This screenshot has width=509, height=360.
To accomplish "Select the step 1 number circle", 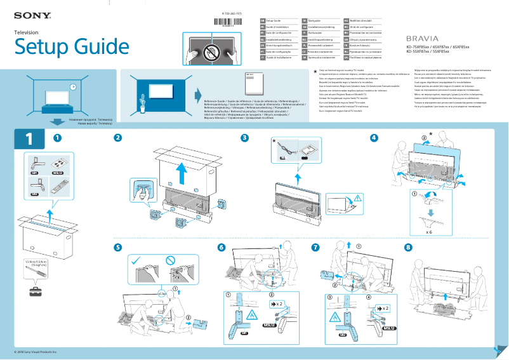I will (x=58, y=138).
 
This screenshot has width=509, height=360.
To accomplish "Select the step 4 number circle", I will (x=374, y=138).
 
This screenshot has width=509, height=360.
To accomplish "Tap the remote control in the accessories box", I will (x=56, y=186).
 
